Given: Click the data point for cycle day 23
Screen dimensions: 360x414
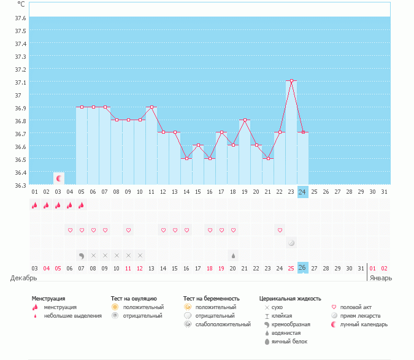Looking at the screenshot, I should (x=291, y=81).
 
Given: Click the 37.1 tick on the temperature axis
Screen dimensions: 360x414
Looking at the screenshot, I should (x=20, y=82).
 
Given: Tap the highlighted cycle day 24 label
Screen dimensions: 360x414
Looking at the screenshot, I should (x=302, y=192).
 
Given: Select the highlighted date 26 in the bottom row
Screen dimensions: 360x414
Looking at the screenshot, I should (x=302, y=268).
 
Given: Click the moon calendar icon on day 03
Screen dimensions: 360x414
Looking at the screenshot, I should (x=59, y=178).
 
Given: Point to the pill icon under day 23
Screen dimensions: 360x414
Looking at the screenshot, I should (x=291, y=243).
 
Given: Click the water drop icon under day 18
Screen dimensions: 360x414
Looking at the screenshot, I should (x=232, y=255).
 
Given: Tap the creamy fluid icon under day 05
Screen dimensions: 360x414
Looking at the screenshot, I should (x=82, y=255).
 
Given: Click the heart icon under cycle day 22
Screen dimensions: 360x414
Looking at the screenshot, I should (x=280, y=231).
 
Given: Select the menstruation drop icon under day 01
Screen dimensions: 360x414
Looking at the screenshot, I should (x=35, y=205).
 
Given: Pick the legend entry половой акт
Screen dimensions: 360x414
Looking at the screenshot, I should (x=356, y=307).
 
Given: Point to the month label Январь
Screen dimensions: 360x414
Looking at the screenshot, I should (x=380, y=278).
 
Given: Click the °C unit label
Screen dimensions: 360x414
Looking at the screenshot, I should (x=21, y=4).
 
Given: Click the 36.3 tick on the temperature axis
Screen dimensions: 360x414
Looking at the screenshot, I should (x=20, y=185).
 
